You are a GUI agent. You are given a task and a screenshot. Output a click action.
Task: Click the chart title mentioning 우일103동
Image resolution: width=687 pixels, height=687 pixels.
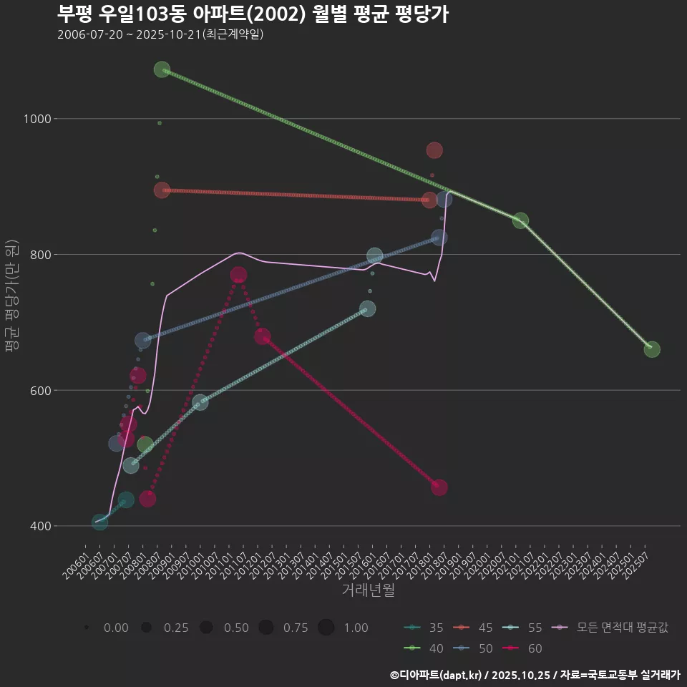click(x=253, y=14)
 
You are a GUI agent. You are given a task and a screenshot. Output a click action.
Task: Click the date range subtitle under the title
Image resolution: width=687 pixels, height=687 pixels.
click(x=160, y=34)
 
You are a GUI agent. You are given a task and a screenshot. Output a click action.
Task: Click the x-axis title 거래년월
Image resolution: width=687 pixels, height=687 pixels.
click(x=368, y=590)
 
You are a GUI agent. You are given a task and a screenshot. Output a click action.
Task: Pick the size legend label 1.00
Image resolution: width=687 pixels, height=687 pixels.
click(x=356, y=628)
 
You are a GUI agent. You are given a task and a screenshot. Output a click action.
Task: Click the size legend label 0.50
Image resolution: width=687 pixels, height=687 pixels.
click(x=236, y=628)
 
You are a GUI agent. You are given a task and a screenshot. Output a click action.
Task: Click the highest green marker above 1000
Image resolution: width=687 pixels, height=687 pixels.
click(x=162, y=69)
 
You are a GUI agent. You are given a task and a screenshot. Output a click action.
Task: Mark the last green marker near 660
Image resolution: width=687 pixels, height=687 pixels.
click(x=651, y=349)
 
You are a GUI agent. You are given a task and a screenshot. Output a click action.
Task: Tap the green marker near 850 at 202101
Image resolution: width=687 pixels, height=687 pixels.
click(x=520, y=220)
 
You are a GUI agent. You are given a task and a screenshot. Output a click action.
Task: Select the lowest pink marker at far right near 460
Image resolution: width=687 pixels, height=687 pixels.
click(x=439, y=487)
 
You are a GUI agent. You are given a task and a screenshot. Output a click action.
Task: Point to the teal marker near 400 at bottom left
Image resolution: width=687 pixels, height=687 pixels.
click(x=100, y=522)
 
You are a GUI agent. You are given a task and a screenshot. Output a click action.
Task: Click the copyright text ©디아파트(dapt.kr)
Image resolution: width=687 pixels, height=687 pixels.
click(x=437, y=674)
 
